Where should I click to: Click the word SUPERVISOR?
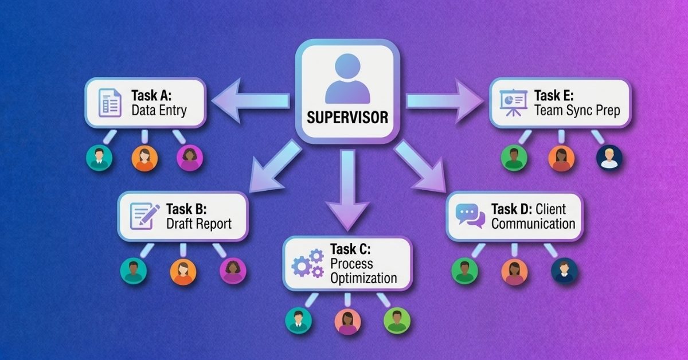[347, 118]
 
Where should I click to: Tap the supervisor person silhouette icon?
[347, 79]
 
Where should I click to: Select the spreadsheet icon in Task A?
[110, 103]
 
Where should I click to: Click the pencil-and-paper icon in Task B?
[144, 216]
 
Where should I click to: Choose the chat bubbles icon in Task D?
[470, 216]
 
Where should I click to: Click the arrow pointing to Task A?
[251, 101]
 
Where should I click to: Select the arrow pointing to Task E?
[445, 101]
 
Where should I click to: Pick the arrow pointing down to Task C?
[347, 190]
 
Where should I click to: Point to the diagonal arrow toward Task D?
[420, 167]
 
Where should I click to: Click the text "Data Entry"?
[159, 110]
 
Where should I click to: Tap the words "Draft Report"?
[199, 224]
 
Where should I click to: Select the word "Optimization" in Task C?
[363, 279]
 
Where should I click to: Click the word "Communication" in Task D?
[533, 224]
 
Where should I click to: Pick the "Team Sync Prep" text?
[577, 110]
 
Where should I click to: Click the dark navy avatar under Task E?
[609, 158]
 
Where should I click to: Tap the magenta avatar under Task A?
[190, 158]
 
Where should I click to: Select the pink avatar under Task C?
[347, 322]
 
